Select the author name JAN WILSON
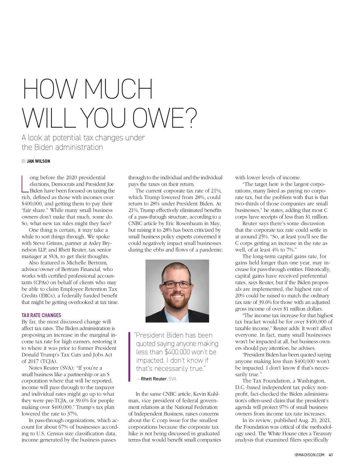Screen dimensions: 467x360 click(x=38, y=161)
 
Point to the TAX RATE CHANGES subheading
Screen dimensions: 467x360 click(x=41, y=315)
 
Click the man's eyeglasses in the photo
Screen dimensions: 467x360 click(x=177, y=284)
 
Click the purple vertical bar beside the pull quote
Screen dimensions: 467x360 click(x=129, y=356)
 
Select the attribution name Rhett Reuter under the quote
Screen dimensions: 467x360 click(x=153, y=379)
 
